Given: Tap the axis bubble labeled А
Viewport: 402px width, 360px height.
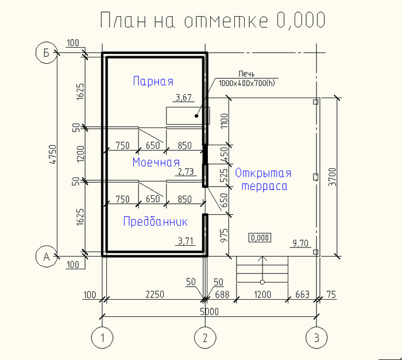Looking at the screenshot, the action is (x=47, y=256).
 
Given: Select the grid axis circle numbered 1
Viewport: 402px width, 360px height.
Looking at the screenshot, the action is (x=102, y=338).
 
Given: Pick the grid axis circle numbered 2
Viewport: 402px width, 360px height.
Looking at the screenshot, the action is (x=205, y=338).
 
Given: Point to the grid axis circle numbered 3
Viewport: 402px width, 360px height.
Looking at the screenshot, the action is (x=316, y=338).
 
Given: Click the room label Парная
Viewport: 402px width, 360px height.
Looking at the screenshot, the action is (x=153, y=81).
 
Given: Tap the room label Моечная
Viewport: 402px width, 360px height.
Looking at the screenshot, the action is (x=156, y=162).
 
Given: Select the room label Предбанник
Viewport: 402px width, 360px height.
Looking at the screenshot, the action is (x=156, y=221).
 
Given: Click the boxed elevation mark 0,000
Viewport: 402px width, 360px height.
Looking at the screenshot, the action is (x=260, y=238).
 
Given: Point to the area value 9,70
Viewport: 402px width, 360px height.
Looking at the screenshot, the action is (x=300, y=243).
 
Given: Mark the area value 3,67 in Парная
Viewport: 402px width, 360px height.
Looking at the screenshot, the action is (x=184, y=97).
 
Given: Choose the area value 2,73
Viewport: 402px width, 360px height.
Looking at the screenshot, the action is (x=186, y=171).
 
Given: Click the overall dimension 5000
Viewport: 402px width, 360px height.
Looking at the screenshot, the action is (x=209, y=312).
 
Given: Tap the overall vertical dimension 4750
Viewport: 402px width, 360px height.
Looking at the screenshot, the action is (x=53, y=154).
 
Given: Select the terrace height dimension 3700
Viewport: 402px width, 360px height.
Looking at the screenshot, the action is (x=333, y=177).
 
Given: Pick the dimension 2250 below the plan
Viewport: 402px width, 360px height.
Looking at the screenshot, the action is (x=155, y=295).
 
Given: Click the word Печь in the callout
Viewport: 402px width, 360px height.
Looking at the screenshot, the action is (x=246, y=74).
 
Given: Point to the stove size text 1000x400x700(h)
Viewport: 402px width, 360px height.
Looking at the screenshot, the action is (x=246, y=83).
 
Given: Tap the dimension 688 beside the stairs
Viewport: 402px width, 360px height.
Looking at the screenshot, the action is (x=222, y=295).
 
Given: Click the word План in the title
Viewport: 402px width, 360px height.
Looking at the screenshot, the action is (x=123, y=20).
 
